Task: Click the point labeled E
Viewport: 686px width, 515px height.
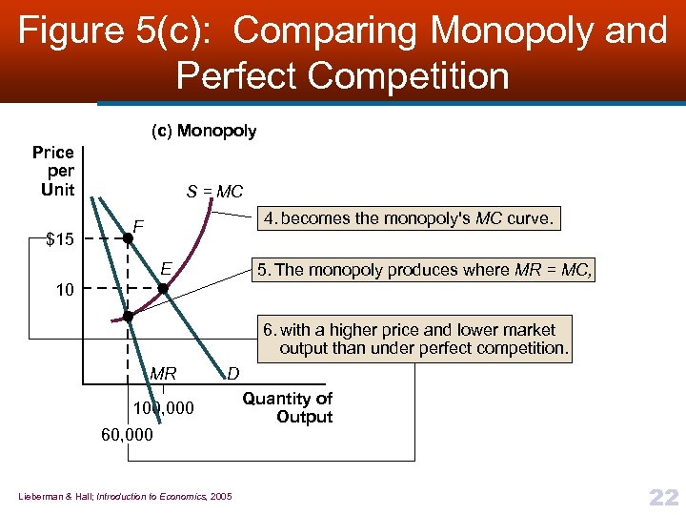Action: (162, 286)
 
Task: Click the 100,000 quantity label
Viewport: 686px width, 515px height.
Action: (163, 408)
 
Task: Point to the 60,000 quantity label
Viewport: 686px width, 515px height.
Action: (127, 436)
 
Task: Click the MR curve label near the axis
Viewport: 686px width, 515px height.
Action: (163, 373)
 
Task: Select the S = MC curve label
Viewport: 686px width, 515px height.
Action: (214, 192)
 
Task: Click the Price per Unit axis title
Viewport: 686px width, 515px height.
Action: (53, 171)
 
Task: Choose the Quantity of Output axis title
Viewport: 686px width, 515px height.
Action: (287, 407)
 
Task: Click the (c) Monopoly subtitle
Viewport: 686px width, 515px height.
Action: (204, 131)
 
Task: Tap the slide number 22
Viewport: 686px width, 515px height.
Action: (662, 496)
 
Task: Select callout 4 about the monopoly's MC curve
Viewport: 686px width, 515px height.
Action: (409, 218)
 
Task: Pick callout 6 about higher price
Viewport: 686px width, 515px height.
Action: (415, 339)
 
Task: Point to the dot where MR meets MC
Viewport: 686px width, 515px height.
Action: (128, 315)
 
